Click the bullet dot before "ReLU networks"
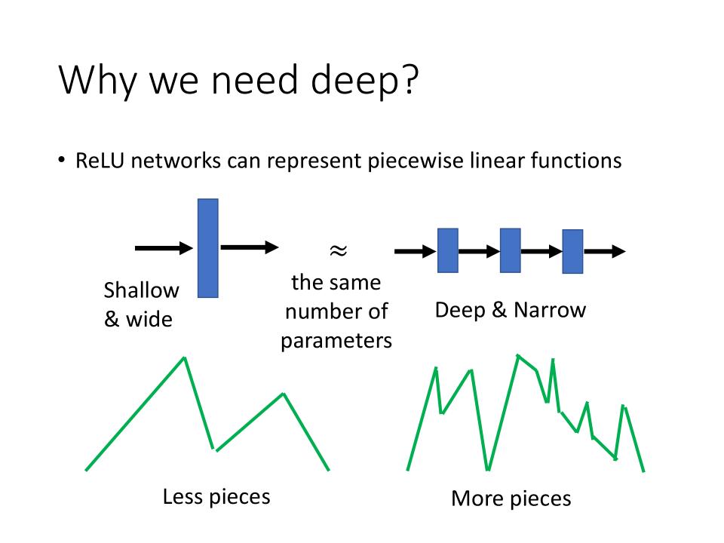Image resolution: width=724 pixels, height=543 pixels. coord(63,162)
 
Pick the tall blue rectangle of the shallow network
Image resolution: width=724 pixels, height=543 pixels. coord(207,248)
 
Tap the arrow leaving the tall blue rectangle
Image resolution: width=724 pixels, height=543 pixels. coord(249,247)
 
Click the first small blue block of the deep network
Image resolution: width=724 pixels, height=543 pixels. coord(448,250)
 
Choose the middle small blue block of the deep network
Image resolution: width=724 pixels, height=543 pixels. coord(510,250)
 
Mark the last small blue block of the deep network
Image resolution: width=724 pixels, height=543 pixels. coord(572,251)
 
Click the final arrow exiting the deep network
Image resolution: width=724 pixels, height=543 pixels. coord(605,252)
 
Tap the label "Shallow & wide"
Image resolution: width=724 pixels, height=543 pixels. coord(141,305)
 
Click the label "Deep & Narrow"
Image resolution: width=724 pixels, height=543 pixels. coord(510,310)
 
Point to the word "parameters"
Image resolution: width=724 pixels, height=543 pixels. coord(336,340)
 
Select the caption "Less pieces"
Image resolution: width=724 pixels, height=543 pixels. coord(216,497)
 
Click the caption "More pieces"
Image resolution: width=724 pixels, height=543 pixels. coord(511,499)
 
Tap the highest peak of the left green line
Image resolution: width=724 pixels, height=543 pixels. coord(184,358)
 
